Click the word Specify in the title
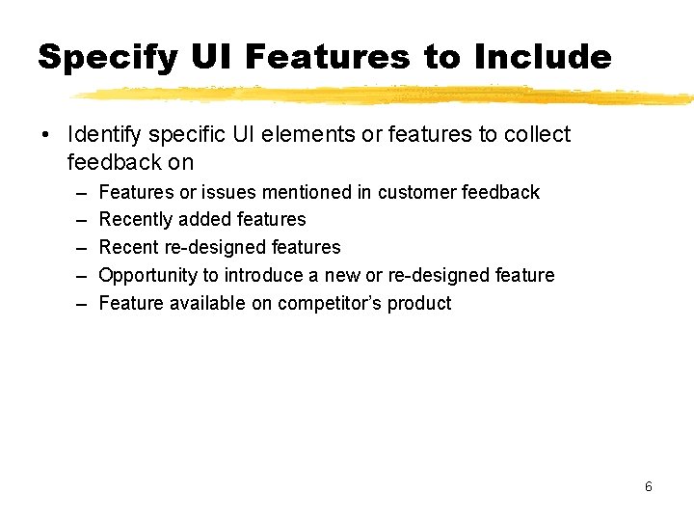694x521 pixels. click(107, 58)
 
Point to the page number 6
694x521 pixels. click(649, 486)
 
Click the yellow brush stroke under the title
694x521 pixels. click(386, 95)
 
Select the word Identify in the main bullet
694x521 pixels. click(102, 135)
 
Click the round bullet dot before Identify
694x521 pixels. click(46, 136)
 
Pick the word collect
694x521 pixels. click(537, 135)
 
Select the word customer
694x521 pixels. click(417, 192)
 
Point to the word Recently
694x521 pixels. click(138, 220)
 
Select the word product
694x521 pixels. click(422, 304)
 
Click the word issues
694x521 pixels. click(230, 192)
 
